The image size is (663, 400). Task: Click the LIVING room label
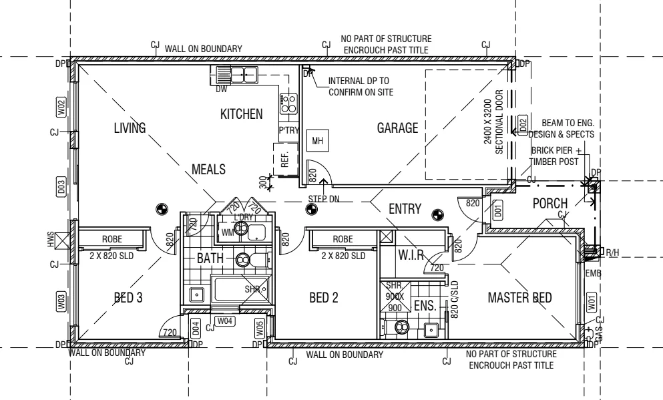[x=130, y=128]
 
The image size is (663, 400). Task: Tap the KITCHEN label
[x=242, y=114]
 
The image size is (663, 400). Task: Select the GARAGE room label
[x=397, y=128]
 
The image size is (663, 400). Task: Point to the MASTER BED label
[x=519, y=297]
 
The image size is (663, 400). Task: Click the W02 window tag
[x=60, y=106]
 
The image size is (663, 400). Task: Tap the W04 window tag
[x=226, y=321]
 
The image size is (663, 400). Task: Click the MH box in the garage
[x=317, y=142]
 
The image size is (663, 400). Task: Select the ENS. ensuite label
[x=425, y=307]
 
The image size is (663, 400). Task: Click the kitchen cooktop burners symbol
[x=289, y=102]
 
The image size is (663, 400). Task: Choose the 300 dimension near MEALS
[x=263, y=181]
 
